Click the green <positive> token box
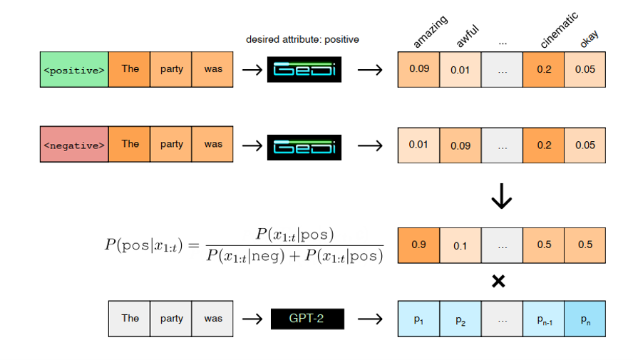click(x=74, y=70)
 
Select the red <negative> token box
click(x=74, y=145)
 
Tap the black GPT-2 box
click(x=307, y=319)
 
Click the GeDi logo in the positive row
click(x=304, y=71)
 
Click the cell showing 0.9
click(x=418, y=245)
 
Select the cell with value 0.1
click(x=460, y=245)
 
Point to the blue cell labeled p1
click(x=418, y=319)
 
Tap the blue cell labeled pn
click(x=585, y=319)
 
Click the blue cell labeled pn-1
click(x=543, y=319)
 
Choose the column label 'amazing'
click(x=431, y=32)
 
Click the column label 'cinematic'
click(x=559, y=31)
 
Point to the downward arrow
click(x=502, y=197)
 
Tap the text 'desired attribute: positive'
click(x=302, y=40)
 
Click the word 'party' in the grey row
click(x=171, y=319)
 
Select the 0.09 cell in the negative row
click(x=460, y=145)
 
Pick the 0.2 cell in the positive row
click(x=543, y=70)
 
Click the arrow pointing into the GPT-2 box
click(x=252, y=319)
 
